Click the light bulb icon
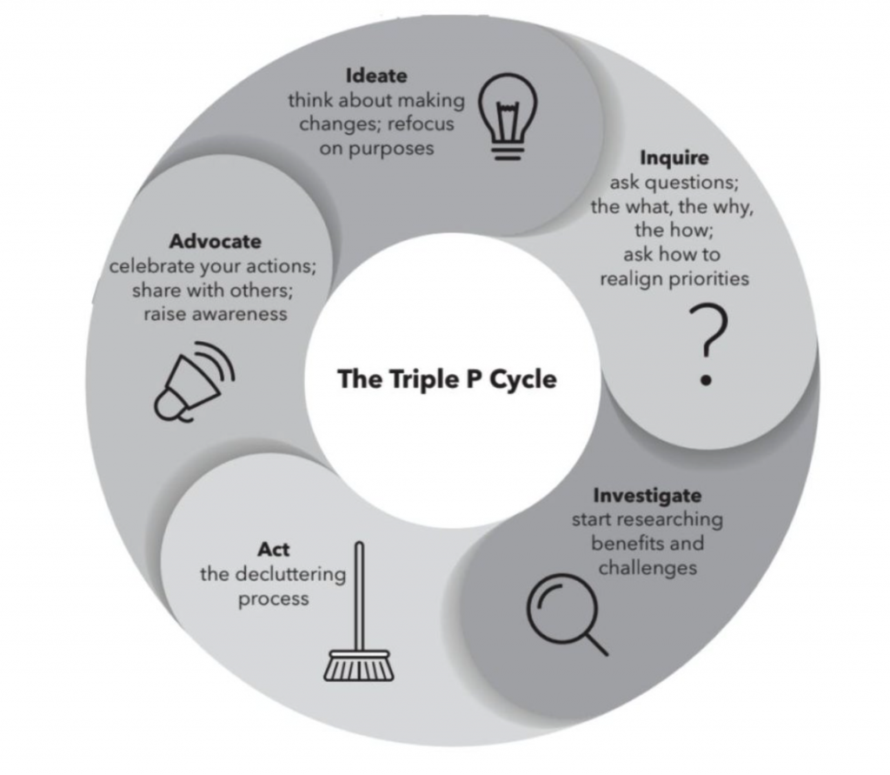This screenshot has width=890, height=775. (x=508, y=116)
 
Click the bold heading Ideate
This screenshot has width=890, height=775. (x=376, y=76)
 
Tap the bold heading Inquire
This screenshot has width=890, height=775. (x=674, y=157)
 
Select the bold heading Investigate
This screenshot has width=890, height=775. (x=647, y=495)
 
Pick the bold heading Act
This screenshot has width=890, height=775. (x=273, y=550)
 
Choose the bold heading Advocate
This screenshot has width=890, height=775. (x=216, y=242)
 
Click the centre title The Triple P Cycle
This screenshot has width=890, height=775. (x=448, y=379)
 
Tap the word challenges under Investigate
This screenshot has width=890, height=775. (x=648, y=568)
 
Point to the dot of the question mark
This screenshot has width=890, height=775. (x=706, y=380)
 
